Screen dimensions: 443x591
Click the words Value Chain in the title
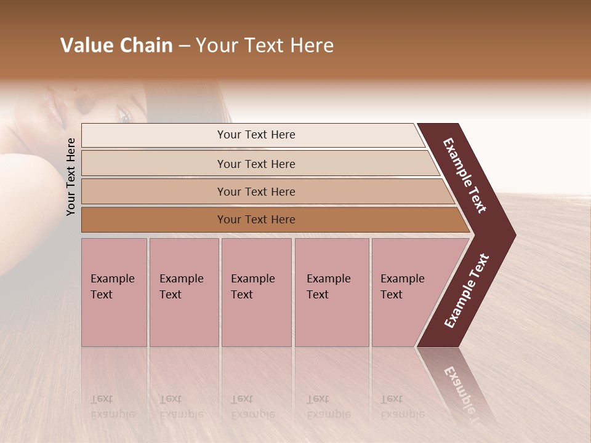click(116, 46)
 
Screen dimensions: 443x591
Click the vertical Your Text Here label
click(71, 177)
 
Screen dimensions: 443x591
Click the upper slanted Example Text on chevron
click(465, 175)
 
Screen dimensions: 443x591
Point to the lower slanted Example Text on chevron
click(466, 291)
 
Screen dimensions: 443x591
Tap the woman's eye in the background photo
click(125, 115)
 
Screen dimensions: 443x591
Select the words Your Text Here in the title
click(265, 46)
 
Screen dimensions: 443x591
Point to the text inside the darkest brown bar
click(256, 220)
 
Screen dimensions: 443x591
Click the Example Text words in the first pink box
click(112, 286)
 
